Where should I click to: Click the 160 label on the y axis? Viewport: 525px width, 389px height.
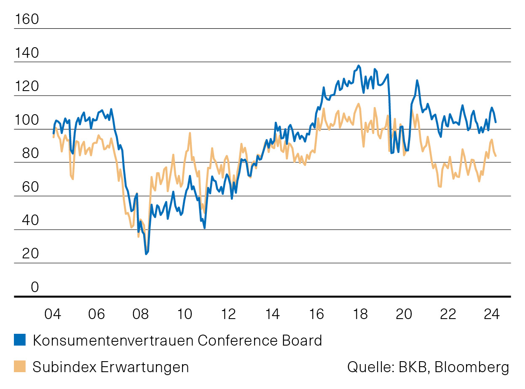click(x=27, y=19)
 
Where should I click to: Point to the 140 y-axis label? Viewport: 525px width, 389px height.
click(x=27, y=53)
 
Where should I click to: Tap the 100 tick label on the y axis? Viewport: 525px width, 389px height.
click(x=27, y=121)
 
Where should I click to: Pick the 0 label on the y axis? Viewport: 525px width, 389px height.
click(x=34, y=287)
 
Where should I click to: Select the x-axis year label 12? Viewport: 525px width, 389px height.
click(x=228, y=314)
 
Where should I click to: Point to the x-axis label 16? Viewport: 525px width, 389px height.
click(x=316, y=314)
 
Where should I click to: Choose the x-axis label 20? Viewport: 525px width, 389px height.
click(x=404, y=314)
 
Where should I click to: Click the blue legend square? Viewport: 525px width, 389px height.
click(x=20, y=340)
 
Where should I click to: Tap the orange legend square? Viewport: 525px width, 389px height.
click(x=20, y=367)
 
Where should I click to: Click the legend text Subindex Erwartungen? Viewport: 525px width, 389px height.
click(x=110, y=367)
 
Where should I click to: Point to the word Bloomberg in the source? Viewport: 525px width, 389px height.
click(x=471, y=367)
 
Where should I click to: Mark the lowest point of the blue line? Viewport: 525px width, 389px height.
click(x=146, y=254)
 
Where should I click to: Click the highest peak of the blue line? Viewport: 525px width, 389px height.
click(x=359, y=66)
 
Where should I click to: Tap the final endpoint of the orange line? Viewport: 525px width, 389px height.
click(x=496, y=156)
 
